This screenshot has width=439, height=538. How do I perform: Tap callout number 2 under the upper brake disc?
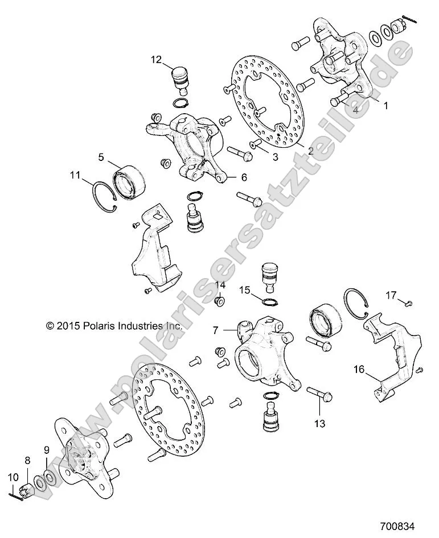point(311,151)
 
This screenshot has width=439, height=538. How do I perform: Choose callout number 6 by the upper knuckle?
point(244,177)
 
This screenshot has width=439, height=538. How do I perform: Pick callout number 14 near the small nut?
point(220,285)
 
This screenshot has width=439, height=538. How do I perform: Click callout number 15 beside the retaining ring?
point(244,289)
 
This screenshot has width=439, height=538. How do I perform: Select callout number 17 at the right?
point(391,295)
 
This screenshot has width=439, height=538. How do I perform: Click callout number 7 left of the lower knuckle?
point(216,330)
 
